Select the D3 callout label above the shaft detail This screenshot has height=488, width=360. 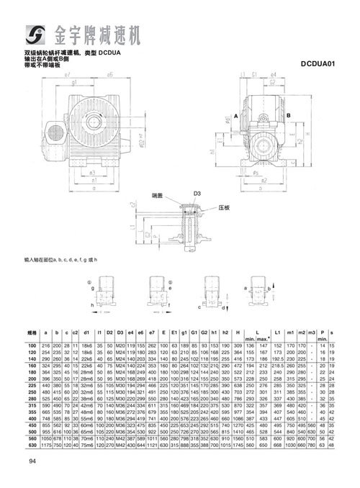coord(196,194)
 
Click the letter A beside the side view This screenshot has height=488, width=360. coord(236,115)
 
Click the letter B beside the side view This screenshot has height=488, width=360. coord(287,115)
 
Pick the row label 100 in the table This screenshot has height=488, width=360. coord(32,347)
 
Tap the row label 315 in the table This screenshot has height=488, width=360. coord(32,407)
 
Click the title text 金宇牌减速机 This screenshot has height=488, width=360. coord(101,33)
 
